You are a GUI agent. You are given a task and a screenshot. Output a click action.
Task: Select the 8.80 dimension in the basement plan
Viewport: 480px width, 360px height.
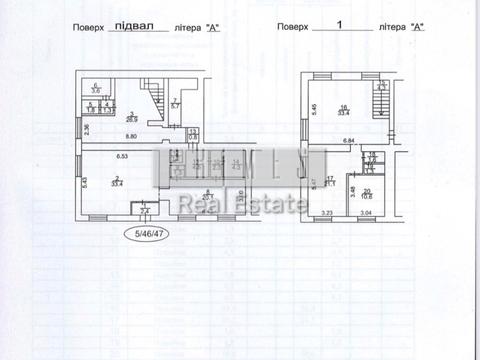tap(131, 137)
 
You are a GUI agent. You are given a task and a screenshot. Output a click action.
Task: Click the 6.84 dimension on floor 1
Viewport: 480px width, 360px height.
tap(350, 142)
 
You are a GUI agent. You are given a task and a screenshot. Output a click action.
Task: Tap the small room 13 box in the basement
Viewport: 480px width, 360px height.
tap(193, 134)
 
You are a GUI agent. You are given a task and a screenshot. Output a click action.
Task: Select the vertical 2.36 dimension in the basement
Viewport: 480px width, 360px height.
tap(86, 128)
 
